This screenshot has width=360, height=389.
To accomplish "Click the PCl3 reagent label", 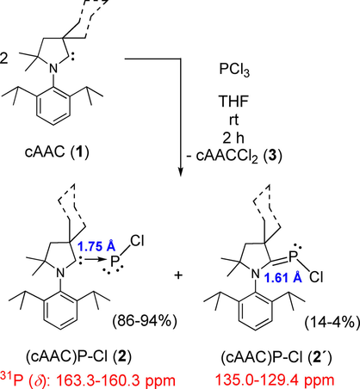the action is (234, 70).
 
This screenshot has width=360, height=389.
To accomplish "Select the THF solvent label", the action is (233, 101).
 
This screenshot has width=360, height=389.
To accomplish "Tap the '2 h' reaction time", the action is (233, 138).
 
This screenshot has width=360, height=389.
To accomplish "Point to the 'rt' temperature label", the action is (233, 120).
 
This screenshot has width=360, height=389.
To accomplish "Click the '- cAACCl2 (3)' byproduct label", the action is (234, 157).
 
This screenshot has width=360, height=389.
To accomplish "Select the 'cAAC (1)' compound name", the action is (57, 151).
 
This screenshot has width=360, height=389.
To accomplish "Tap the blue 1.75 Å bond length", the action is (96, 246).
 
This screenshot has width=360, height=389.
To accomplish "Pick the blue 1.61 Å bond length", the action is (282, 277).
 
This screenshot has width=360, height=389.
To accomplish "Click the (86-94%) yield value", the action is (145, 322).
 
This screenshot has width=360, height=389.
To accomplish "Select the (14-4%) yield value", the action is (332, 323).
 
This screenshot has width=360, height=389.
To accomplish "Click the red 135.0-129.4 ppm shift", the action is (275, 380).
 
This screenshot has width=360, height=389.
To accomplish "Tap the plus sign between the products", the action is (178, 275).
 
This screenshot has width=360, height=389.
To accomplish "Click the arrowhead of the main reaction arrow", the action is (181, 171).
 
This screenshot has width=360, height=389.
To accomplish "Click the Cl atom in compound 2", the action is (137, 241).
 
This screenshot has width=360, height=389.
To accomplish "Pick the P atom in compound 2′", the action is (293, 256).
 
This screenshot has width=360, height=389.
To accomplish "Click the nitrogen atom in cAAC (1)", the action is (53, 68).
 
